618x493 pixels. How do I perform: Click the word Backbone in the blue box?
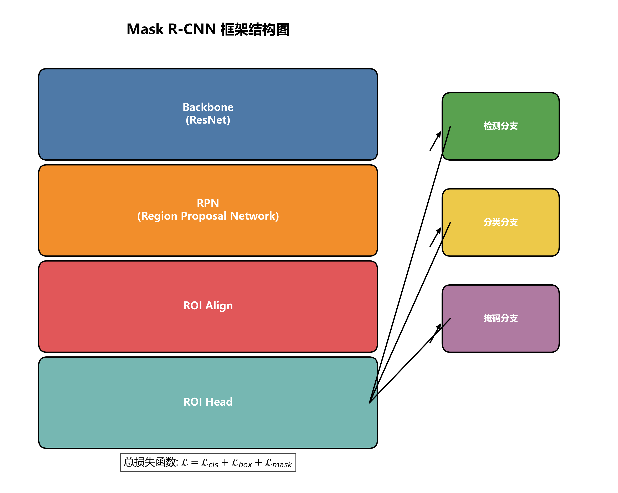coord(208,107)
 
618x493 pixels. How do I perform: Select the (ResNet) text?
coord(208,120)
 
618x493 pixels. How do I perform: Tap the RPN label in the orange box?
coord(208,203)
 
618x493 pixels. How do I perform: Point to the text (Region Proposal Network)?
coord(208,216)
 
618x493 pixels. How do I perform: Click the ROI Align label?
coord(208,306)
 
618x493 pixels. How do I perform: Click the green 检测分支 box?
coord(500,126)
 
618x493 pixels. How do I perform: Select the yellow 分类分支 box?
coord(500,222)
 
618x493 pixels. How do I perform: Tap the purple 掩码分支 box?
coord(500,318)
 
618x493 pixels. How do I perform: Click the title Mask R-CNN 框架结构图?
coord(208,30)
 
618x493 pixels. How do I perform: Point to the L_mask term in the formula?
coord(278,463)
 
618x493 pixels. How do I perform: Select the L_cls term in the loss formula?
coord(210,463)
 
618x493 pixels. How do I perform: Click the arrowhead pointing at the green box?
coord(439,134)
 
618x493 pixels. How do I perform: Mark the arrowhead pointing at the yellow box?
coord(439,230)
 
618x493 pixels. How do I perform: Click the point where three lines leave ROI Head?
coord(370,403)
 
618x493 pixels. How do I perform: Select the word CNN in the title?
coord(200,30)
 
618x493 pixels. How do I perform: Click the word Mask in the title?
coord(145,30)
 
